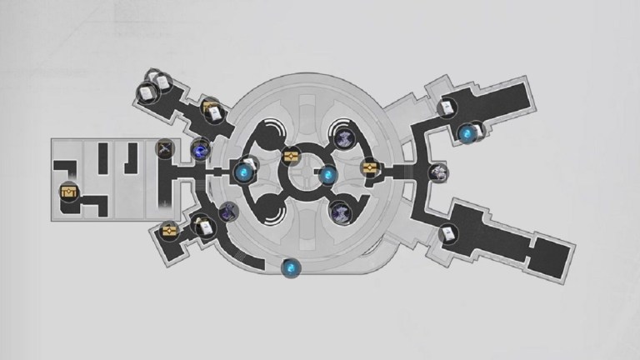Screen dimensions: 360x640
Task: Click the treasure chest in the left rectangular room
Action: click(67, 194)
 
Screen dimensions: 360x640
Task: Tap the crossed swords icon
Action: click(164, 150)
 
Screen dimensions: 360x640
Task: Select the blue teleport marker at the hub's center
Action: click(328, 175)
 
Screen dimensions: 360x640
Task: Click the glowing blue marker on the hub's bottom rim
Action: click(290, 268)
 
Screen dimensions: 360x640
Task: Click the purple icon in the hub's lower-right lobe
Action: click(340, 212)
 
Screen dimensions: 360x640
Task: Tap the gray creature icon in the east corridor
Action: click(440, 172)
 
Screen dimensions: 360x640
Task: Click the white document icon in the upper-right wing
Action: click(447, 107)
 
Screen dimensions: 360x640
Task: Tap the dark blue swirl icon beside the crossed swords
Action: click(200, 150)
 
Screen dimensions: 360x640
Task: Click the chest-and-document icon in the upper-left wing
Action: click(210, 109)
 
